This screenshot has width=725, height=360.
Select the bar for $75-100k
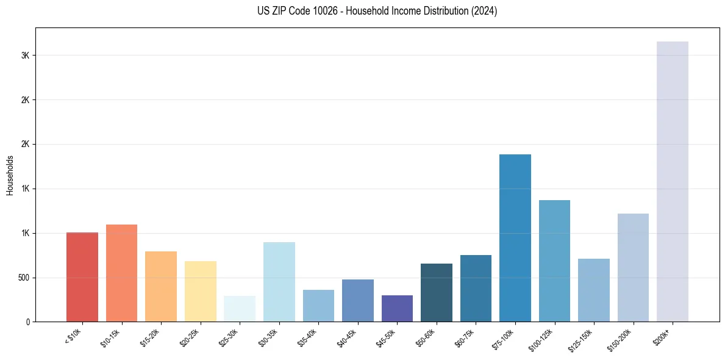pyautogui.click(x=515, y=238)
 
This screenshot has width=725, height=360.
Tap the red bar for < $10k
pyautogui.click(x=82, y=277)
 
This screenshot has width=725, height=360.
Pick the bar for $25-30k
pyautogui.click(x=240, y=309)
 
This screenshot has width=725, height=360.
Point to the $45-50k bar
pyautogui.click(x=397, y=309)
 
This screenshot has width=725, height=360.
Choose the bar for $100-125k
pyautogui.click(x=554, y=261)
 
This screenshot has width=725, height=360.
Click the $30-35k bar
pyautogui.click(x=279, y=282)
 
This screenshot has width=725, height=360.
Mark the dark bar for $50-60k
pyautogui.click(x=436, y=292)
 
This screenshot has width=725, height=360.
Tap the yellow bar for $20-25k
pyautogui.click(x=201, y=291)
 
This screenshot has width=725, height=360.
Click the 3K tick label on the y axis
pyautogui.click(x=25, y=56)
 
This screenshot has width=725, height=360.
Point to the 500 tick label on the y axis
pyautogui.click(x=23, y=278)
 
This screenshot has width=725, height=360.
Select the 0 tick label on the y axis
pyautogui.click(x=27, y=322)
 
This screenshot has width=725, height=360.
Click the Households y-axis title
pyautogui.click(x=10, y=175)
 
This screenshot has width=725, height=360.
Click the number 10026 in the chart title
pyautogui.click(x=310, y=11)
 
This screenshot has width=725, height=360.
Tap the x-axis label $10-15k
pyautogui.click(x=110, y=337)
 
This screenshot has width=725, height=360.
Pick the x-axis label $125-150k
pyautogui.click(x=580, y=339)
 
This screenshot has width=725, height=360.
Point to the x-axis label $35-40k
pyautogui.click(x=307, y=337)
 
